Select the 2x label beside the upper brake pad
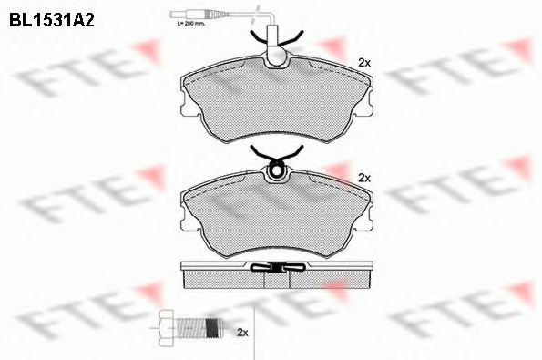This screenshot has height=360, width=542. click(363, 63)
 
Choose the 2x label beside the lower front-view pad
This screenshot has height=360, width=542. click(363, 177)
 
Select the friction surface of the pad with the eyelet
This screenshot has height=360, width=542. click(273, 214)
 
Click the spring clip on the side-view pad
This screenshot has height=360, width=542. click(275, 267)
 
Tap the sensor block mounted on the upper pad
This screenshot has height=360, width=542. click(275, 52)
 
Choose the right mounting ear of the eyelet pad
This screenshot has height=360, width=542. click(365, 221)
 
